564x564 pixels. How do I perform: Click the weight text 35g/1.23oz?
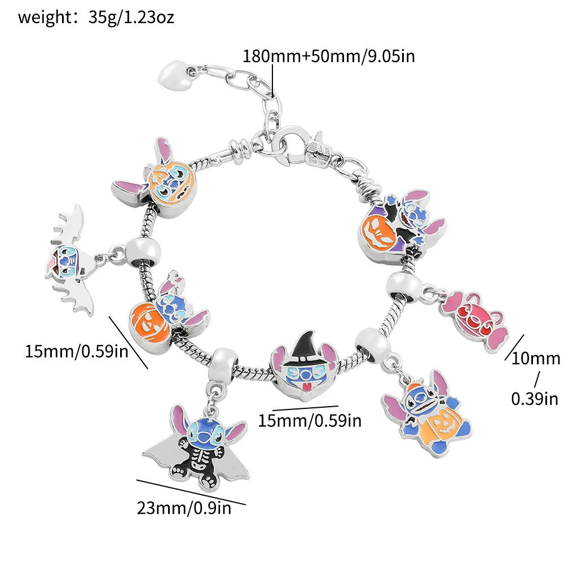pyautogui.click(x=131, y=17)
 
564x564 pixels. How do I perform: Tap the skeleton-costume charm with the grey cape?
pyautogui.click(x=195, y=442)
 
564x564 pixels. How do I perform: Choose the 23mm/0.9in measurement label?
pyautogui.click(x=184, y=508)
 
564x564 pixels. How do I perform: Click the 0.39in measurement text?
pyautogui.click(x=535, y=399)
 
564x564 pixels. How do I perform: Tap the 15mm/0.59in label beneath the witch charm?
pyautogui.click(x=309, y=420)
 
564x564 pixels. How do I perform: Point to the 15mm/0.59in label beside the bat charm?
pyautogui.click(x=76, y=351)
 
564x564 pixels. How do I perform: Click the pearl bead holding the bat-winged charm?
pyautogui.click(x=140, y=249)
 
